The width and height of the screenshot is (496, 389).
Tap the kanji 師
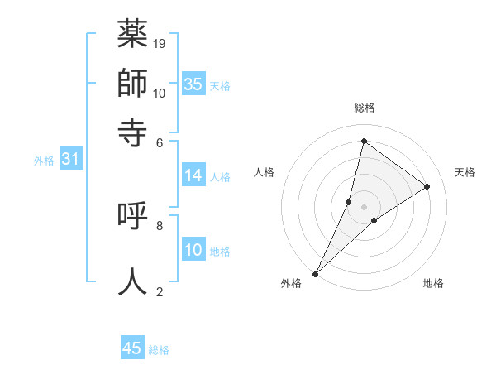coord(133,83)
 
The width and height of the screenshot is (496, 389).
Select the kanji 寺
coord(133,131)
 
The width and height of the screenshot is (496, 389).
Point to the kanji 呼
coord(133,215)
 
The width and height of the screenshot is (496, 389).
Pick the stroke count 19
coord(160,43)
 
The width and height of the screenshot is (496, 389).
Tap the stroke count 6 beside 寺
coord(160,142)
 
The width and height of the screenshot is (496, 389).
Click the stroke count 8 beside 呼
coord(160,225)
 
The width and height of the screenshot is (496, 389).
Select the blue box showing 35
coord(193,84)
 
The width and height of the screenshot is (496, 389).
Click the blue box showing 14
coord(193,175)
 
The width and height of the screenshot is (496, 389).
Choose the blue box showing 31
coord(70,160)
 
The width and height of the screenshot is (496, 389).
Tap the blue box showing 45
coord(132,348)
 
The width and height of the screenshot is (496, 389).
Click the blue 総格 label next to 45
coord(159,350)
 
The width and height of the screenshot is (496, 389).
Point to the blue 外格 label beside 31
coord(44,161)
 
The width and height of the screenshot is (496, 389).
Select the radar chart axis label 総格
coord(365,108)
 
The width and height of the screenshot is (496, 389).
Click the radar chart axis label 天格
coord(465,172)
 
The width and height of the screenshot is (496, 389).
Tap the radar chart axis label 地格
coord(433,284)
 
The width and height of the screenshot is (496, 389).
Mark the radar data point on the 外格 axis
coord(315,274)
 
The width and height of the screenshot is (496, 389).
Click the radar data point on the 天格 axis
coord(427,187)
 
